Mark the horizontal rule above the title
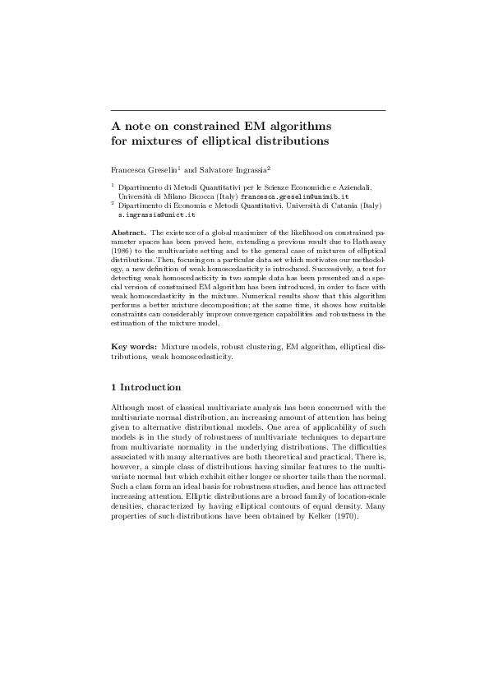248,109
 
